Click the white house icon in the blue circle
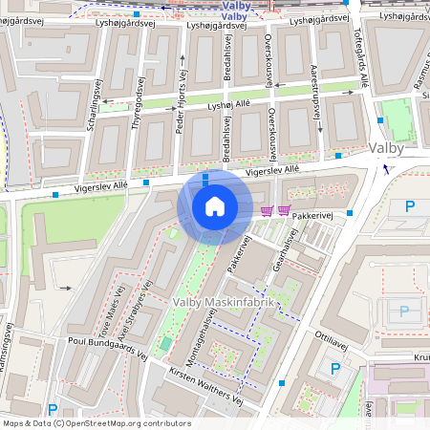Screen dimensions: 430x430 point(215,205)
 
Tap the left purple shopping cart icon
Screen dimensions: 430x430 point(268,210)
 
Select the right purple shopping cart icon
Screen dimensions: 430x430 point(284,210)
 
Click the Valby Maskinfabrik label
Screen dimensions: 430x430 point(224,302)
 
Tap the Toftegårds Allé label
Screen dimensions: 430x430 point(361,54)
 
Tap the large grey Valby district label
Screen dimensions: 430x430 point(386,149)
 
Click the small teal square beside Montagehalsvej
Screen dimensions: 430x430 point(166,342)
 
